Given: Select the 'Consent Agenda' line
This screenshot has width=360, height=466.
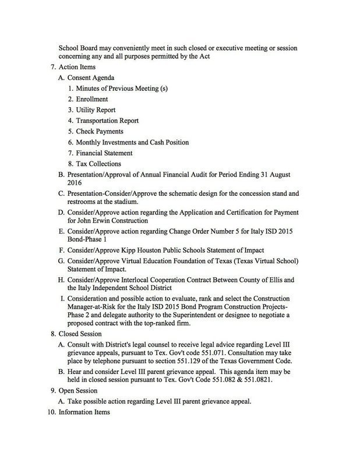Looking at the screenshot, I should (x=91, y=77).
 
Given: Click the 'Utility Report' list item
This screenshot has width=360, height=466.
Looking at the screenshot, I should (x=96, y=110).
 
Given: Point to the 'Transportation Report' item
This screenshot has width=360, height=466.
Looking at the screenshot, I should (x=107, y=121).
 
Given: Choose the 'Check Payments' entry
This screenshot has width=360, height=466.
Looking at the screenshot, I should (x=100, y=132).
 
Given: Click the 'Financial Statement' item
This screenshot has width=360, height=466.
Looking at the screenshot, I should (x=104, y=153).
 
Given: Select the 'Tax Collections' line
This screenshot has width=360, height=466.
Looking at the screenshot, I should (x=98, y=164).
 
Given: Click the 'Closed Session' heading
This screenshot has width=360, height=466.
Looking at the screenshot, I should (x=80, y=334).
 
